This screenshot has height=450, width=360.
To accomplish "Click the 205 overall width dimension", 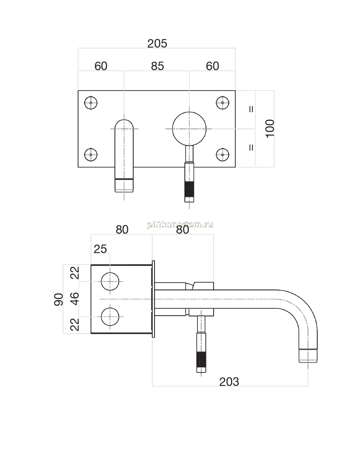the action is pyautogui.click(x=157, y=44).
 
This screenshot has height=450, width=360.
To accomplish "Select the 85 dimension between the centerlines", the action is pyautogui.click(x=157, y=66).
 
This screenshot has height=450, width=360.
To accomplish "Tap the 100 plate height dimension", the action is pyautogui.click(x=270, y=128).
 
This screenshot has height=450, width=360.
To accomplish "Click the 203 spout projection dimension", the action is pyautogui.click(x=229, y=382).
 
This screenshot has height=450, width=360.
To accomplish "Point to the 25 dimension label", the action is pyautogui.click(x=100, y=249).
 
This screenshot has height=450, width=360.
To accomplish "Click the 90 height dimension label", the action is pyautogui.click(x=59, y=300).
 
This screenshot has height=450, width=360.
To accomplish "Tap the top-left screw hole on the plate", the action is pyautogui.click(x=91, y=103).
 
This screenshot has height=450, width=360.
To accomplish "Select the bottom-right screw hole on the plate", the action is pyautogui.click(x=222, y=155).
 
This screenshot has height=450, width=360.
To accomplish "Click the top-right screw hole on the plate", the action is pyautogui.click(x=222, y=103).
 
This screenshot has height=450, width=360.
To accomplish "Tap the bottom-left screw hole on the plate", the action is pyautogui.click(x=91, y=155).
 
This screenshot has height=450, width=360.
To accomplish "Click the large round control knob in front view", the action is pyautogui.click(x=189, y=129).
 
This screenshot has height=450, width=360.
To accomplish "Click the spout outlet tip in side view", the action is pyautogui.click(x=308, y=356).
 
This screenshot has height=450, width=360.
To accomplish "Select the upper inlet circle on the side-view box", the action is pyautogui.click(x=110, y=282).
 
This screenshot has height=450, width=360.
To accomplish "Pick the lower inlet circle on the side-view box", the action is pyautogui.click(x=110, y=316).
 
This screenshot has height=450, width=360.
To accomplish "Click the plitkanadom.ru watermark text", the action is pyautogui.click(x=180, y=225).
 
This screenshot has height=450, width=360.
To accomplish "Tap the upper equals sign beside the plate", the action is pyautogui.click(x=251, y=109).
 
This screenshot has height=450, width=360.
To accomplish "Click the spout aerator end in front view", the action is pyautogui.click(x=124, y=185).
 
